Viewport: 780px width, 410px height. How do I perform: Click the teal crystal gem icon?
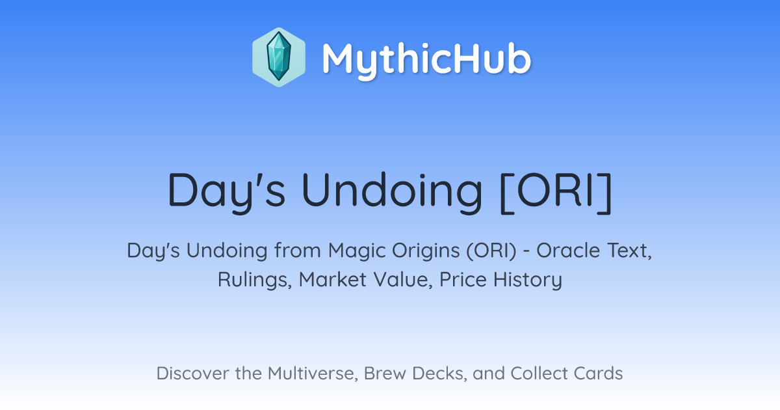(279, 57)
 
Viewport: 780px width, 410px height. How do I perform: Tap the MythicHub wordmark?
(426, 59)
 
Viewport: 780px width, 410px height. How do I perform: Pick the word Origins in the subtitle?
(426, 251)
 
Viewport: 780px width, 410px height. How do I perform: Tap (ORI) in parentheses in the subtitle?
(491, 251)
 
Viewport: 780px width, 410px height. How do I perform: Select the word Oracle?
(568, 251)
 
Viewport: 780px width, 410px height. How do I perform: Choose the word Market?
(333, 280)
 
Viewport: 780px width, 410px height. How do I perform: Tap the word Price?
(463, 280)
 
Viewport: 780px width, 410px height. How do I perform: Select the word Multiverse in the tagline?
(313, 374)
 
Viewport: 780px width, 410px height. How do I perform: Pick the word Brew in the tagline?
(385, 374)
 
